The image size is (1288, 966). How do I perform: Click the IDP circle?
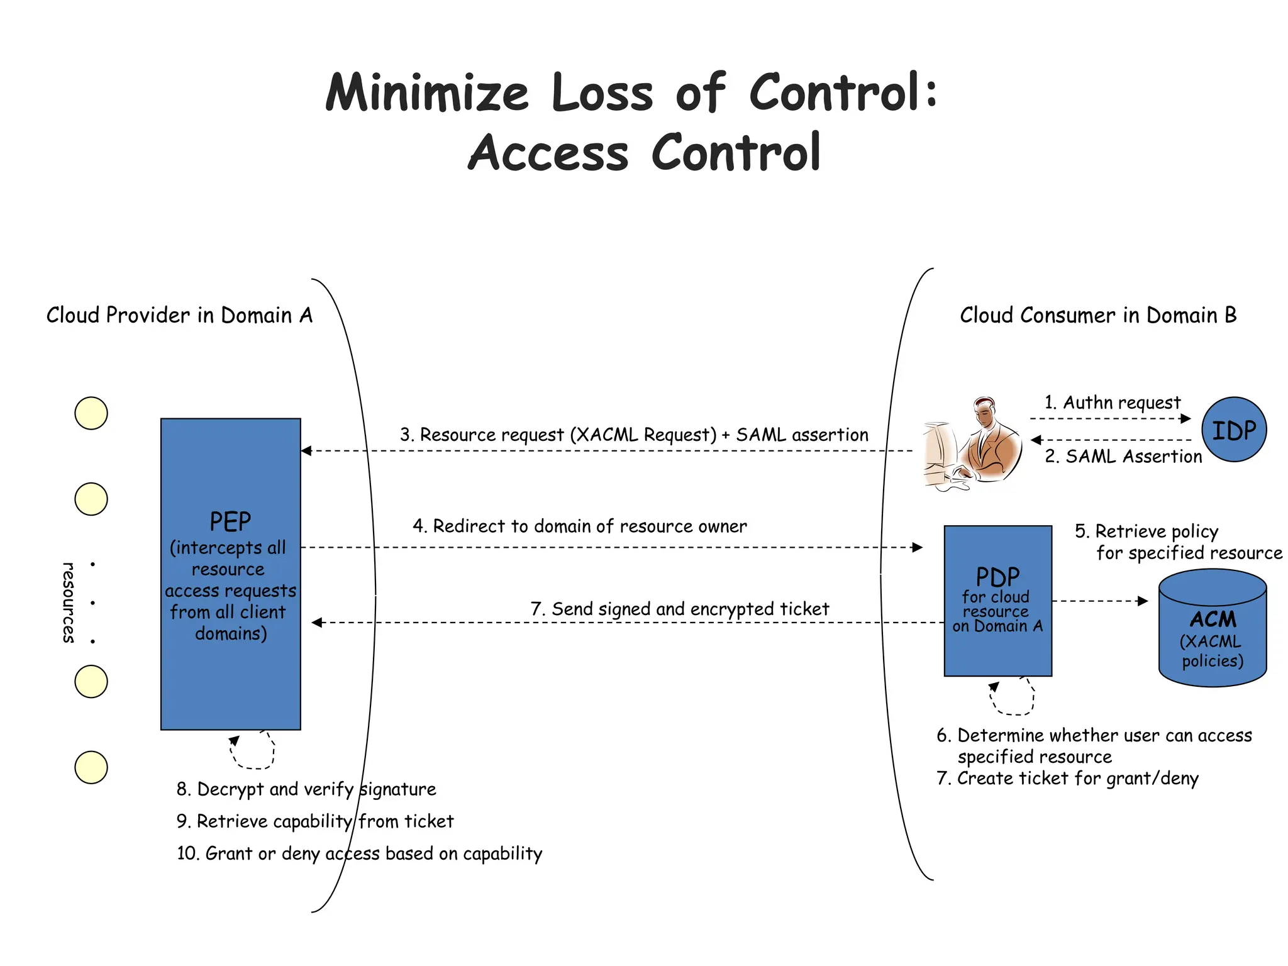[1233, 430]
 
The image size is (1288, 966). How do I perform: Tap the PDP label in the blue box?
[997, 577]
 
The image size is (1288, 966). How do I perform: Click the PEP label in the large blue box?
[230, 522]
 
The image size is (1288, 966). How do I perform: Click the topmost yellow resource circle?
[91, 413]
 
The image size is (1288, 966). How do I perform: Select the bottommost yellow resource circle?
[91, 767]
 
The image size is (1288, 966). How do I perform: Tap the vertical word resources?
[69, 602]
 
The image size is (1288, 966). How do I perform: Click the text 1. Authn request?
[1112, 402]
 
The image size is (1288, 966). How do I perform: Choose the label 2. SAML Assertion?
[1123, 457]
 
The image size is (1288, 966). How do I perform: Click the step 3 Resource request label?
[634, 435]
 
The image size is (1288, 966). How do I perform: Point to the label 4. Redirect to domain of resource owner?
[580, 526]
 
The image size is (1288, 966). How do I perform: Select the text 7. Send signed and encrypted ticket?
[680, 609]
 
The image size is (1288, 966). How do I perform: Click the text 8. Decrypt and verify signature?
[306, 789]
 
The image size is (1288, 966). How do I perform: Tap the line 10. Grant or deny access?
[359, 853]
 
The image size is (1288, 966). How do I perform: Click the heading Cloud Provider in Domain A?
[179, 315]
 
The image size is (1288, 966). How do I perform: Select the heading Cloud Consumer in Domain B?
[1098, 315]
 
